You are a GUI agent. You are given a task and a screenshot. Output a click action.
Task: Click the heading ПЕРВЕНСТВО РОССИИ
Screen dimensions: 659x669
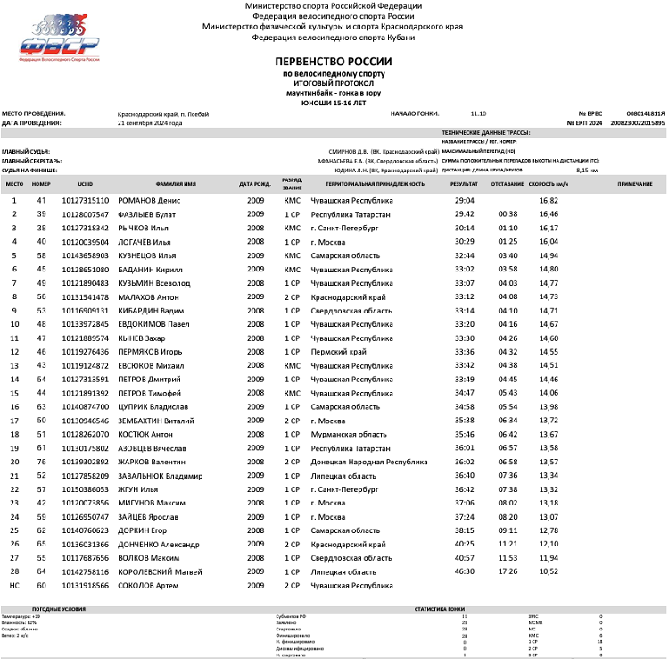coord(334,61)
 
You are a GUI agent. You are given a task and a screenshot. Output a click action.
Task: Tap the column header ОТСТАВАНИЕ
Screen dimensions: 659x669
coord(507,184)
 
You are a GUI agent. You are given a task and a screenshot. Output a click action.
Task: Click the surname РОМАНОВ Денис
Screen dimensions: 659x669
coord(149,201)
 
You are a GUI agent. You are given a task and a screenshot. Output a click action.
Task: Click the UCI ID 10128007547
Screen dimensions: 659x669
coord(85,214)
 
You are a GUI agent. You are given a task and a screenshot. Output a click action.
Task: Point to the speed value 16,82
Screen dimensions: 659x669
coord(549,201)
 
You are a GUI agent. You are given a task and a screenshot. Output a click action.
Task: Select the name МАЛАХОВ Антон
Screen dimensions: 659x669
coord(149,296)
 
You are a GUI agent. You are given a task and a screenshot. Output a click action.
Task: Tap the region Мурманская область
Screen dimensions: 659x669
coord(347,434)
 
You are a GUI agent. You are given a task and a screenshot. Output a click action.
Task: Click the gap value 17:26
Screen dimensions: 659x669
coord(508,571)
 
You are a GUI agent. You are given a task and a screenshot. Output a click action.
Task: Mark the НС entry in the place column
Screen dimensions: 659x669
coord(14,586)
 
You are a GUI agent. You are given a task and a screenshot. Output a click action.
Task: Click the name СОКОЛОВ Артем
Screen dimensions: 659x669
coord(148,586)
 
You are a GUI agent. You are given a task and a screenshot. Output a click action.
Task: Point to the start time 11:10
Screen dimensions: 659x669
coord(478,114)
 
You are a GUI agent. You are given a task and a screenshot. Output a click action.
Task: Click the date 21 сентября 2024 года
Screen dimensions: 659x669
coord(150,123)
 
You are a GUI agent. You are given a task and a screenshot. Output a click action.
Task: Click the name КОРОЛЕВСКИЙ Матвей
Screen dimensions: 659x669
coord(157,571)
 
